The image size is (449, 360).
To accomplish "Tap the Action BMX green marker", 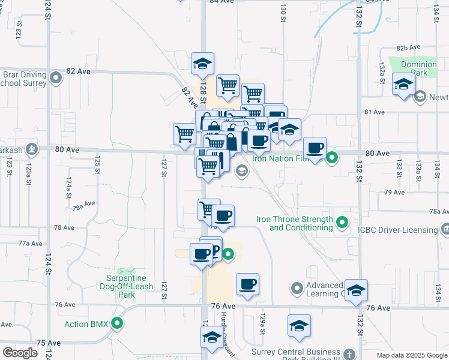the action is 118,325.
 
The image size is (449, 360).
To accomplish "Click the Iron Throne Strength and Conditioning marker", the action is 342,223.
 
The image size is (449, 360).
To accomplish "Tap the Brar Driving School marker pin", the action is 56,77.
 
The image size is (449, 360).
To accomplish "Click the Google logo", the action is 20,353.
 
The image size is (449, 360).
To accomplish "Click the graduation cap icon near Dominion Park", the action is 403,84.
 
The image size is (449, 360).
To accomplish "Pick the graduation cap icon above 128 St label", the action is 203,64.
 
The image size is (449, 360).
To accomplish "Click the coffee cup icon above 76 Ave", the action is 247,284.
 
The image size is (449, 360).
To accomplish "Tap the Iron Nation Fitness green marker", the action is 331,158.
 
